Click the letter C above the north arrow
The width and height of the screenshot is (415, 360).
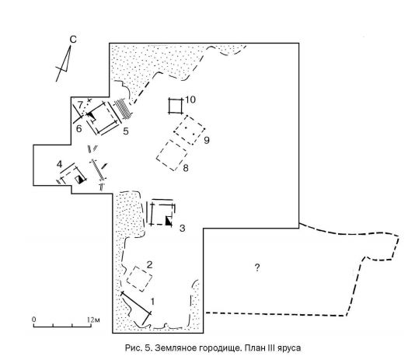[73, 40]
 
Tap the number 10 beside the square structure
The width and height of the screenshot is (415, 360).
[190, 100]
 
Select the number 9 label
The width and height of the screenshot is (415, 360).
[207, 140]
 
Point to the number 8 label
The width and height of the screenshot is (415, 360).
[186, 168]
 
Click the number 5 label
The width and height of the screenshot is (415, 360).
[126, 131]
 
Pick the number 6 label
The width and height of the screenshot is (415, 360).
[78, 129]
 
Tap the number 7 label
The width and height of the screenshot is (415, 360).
[80, 105]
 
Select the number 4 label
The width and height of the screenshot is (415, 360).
[59, 164]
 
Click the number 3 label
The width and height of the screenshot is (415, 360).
[183, 228]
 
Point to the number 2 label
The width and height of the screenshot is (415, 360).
[149, 264]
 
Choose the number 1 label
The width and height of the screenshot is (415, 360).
[152, 302]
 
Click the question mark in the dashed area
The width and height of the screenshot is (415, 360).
[257, 267]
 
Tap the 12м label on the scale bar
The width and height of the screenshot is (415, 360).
[93, 320]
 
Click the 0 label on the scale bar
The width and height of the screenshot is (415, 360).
[34, 320]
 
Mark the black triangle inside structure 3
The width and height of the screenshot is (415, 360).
[169, 221]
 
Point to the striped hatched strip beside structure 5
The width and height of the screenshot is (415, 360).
[124, 109]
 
